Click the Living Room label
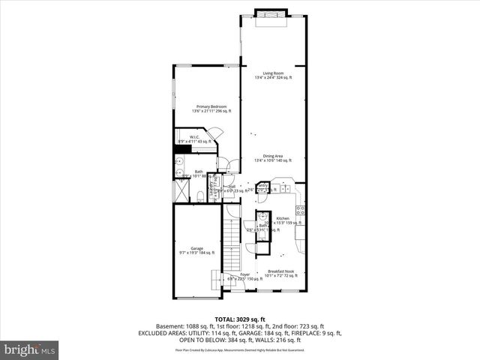point(273,73)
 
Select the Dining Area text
point(273,157)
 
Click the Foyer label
point(244,276)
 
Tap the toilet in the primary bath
point(202,196)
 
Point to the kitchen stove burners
point(299,210)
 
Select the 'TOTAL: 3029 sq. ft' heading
point(239,319)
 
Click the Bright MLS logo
point(30,349)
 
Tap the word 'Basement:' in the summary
point(169,326)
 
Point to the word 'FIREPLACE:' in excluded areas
point(306,332)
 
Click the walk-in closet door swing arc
point(215,135)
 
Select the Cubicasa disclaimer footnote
point(239,349)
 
